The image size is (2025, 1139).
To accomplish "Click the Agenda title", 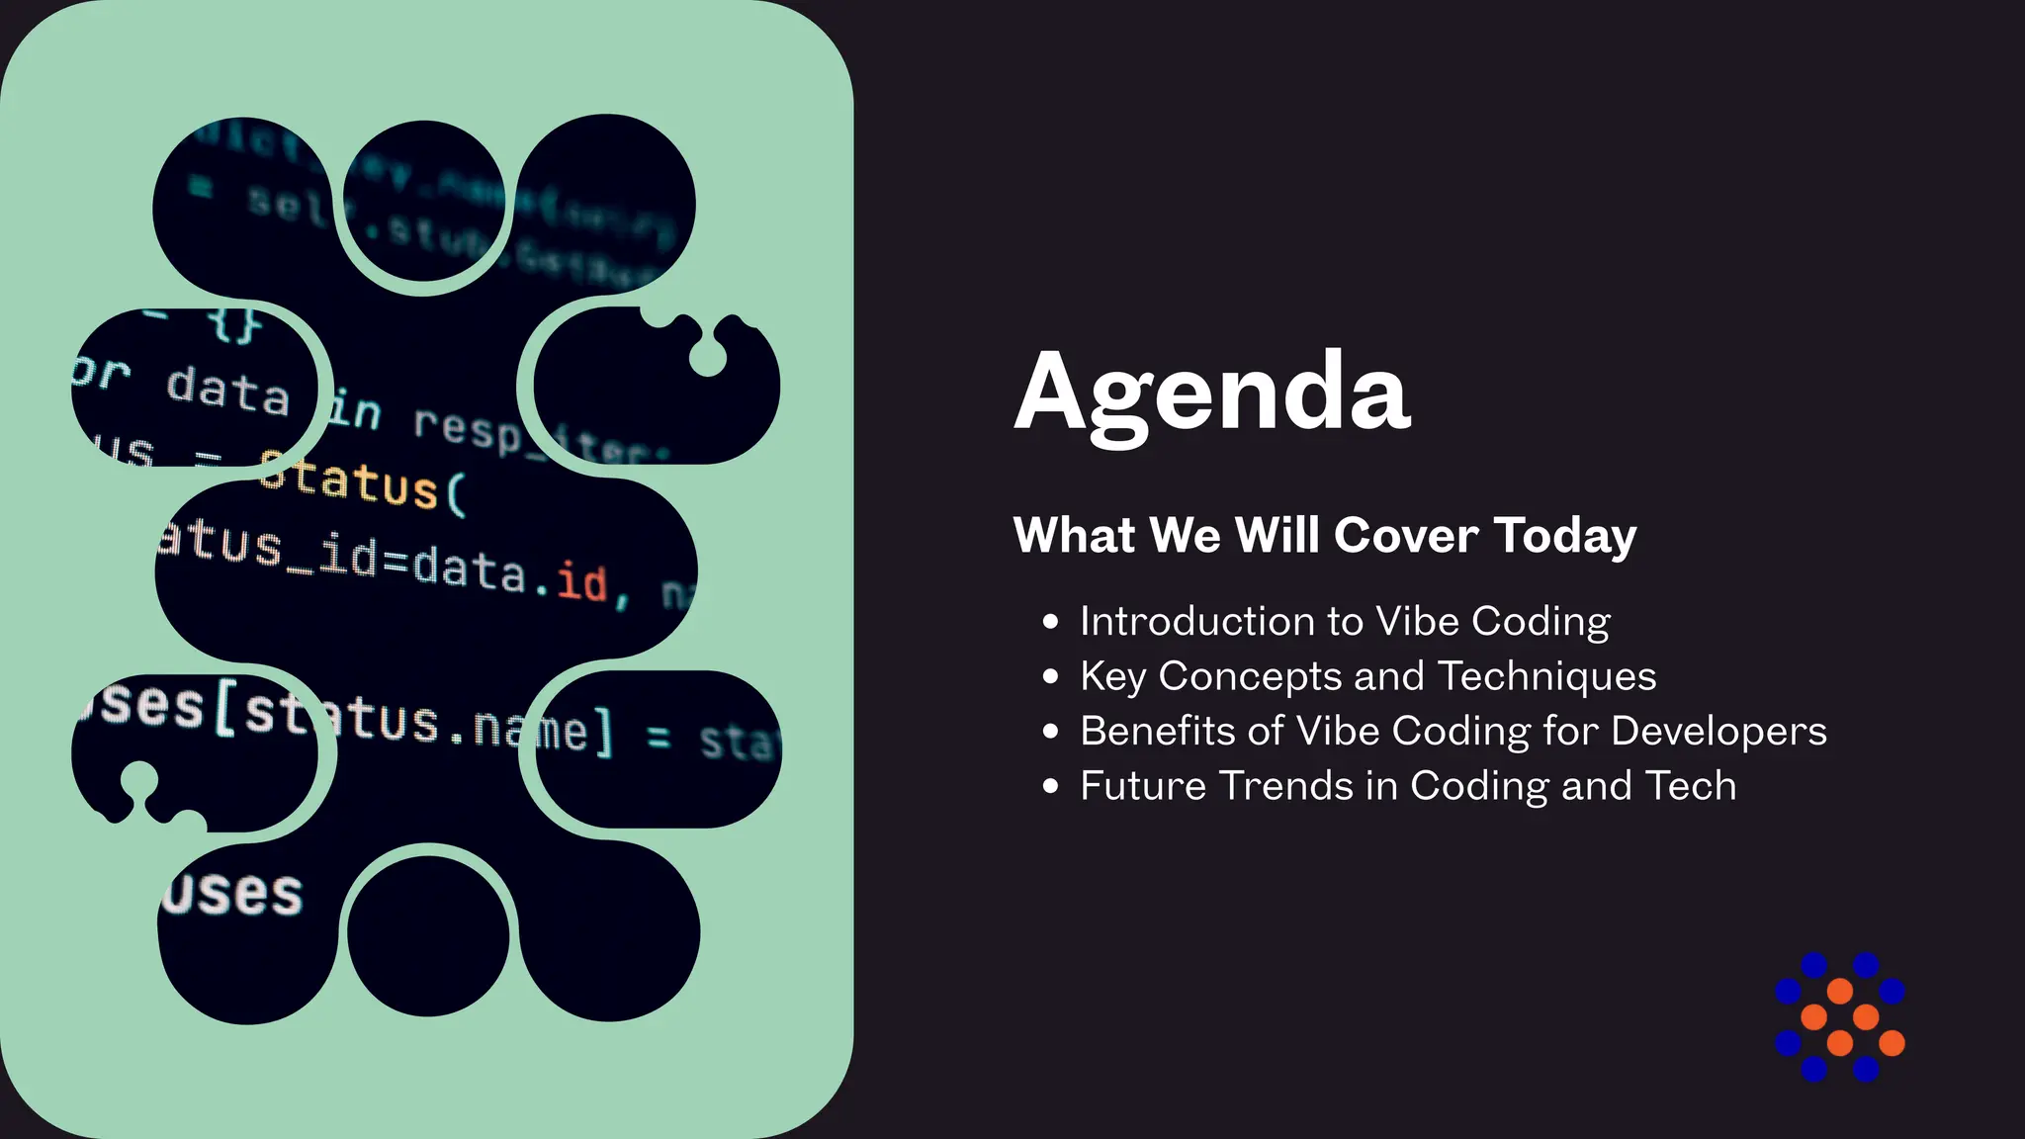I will click(x=1211, y=393).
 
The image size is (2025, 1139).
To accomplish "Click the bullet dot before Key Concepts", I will click(x=1050, y=676).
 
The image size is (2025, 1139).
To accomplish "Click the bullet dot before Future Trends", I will click(x=1050, y=786).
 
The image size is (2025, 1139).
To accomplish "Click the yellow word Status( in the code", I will click(x=362, y=482).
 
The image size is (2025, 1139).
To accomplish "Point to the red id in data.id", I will click(x=581, y=581).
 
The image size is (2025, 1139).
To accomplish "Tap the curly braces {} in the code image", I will click(x=235, y=324).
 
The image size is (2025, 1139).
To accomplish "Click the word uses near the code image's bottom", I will click(x=233, y=894).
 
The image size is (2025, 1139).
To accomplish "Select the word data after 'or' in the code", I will click(x=227, y=390).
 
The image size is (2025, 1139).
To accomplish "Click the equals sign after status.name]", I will click(x=660, y=737).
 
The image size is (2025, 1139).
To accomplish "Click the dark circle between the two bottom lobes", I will click(x=428, y=935).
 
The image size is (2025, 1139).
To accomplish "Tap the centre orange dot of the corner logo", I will click(x=1840, y=1016).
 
